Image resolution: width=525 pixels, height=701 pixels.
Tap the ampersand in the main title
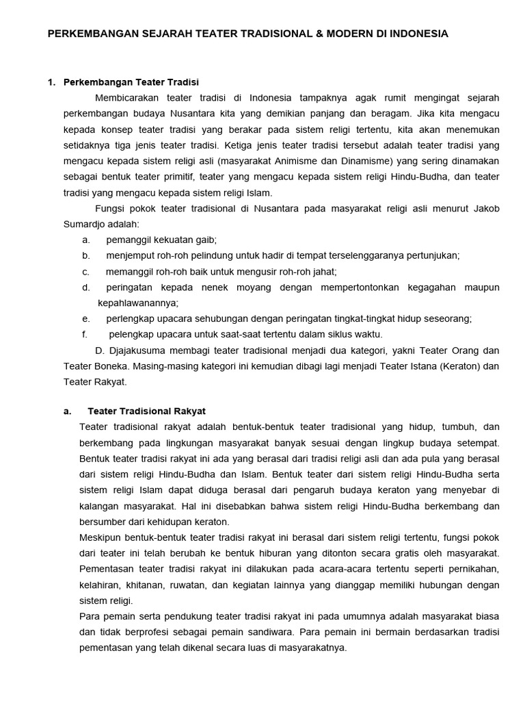pyautogui.click(x=308, y=34)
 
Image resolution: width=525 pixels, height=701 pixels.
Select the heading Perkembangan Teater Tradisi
pyautogui.click(x=131, y=83)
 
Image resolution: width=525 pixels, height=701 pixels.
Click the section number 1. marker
pyautogui.click(x=51, y=83)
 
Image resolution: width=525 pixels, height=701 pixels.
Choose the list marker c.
pyautogui.click(x=85, y=271)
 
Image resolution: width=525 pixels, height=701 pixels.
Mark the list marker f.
pyautogui.click(x=85, y=334)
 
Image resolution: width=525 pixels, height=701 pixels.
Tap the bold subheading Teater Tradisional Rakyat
pyautogui.click(x=147, y=411)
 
